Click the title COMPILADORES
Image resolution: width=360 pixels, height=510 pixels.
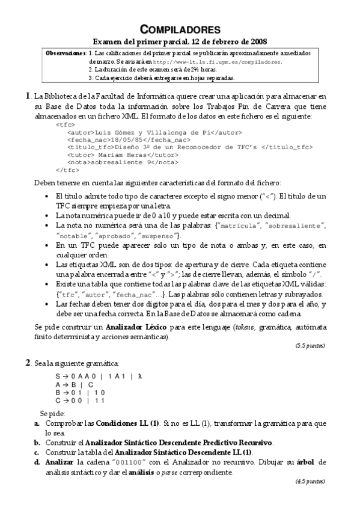180,29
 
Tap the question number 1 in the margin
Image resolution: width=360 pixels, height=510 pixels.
27,95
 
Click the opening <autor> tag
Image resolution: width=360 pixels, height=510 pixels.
81,131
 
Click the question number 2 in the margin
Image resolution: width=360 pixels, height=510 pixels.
27,362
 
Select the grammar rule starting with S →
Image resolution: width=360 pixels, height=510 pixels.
99,376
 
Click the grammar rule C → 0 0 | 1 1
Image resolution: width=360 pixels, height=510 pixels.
81,399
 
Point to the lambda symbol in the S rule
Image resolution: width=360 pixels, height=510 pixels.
139,376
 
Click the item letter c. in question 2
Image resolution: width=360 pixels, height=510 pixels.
37,452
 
